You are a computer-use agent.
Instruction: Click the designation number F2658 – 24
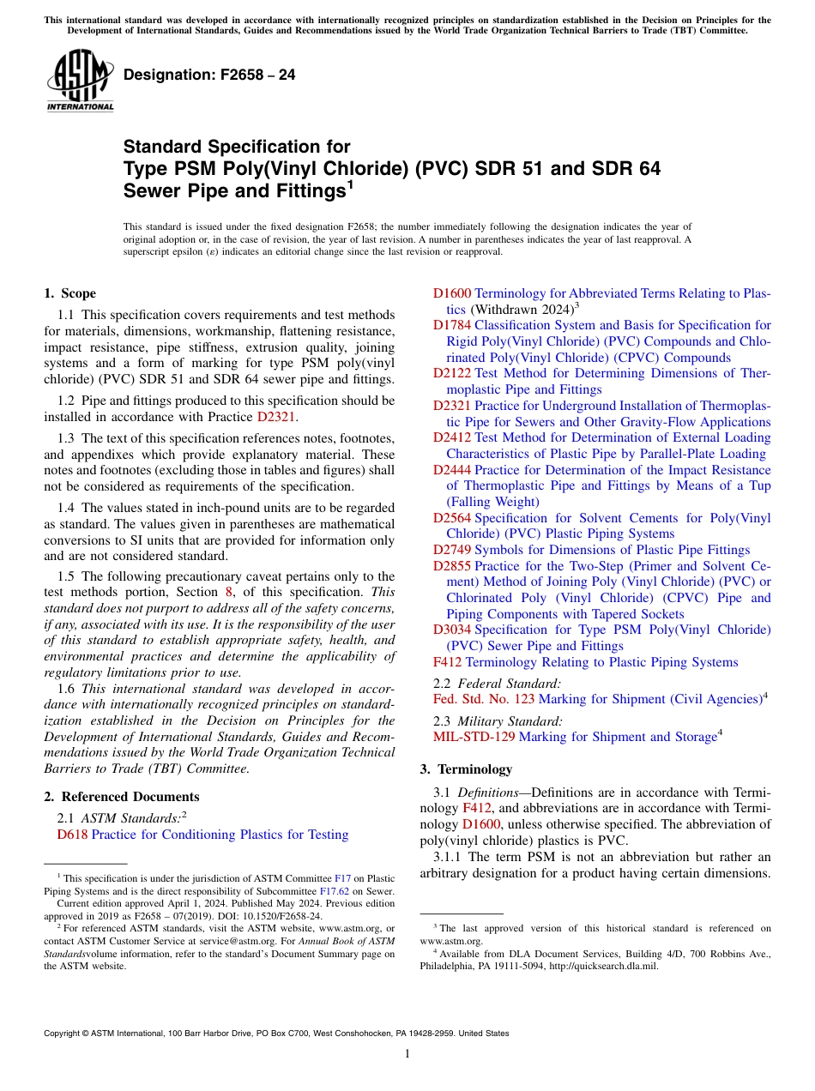point(209,75)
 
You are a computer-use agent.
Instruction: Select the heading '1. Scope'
point(70,293)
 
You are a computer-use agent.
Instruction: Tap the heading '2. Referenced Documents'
point(122,797)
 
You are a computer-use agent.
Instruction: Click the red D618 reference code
point(72,835)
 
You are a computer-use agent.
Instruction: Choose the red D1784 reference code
point(452,325)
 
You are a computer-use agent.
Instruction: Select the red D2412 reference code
point(452,437)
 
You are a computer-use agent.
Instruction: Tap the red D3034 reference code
point(452,630)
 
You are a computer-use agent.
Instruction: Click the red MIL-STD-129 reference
point(474,737)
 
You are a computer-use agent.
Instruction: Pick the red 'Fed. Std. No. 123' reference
point(484,699)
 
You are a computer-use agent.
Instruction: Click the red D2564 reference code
point(452,517)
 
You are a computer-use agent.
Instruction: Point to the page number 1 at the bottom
point(407,1053)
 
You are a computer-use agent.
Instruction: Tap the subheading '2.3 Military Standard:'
point(498,721)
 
